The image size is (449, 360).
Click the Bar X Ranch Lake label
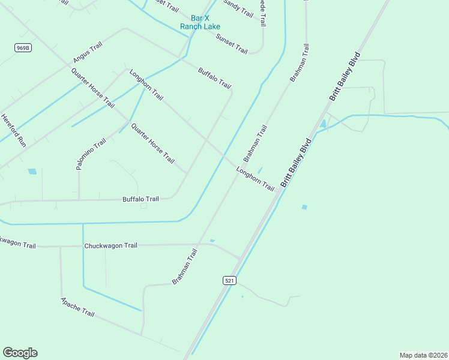click(200, 23)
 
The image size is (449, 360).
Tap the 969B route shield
click(23, 47)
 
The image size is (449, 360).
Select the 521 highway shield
click(229, 280)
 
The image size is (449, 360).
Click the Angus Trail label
click(88, 52)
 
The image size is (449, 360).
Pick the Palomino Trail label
click(91, 154)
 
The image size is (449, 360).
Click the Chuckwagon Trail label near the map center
click(111, 246)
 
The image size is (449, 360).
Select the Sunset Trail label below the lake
click(232, 43)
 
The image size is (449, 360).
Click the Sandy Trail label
click(238, 8)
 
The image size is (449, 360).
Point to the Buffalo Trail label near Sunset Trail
click(214, 78)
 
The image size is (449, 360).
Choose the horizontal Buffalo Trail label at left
click(140, 199)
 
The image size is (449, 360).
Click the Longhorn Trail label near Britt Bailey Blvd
click(255, 179)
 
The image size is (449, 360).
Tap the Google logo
click(20, 353)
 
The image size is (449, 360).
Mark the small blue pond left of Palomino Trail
click(32, 172)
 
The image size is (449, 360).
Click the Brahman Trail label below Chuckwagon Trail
click(184, 266)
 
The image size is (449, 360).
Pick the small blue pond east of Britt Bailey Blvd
click(304, 207)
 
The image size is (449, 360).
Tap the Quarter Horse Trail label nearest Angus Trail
click(92, 88)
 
